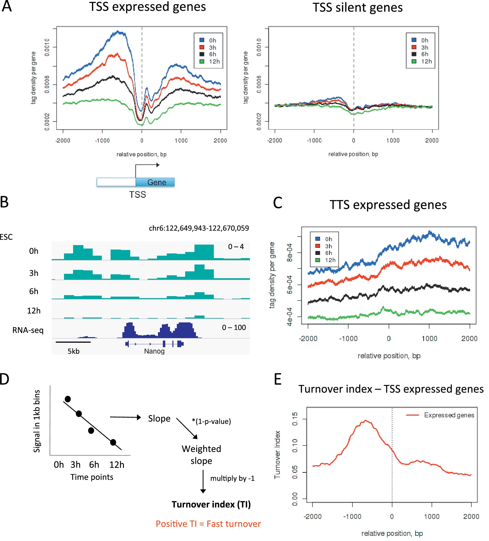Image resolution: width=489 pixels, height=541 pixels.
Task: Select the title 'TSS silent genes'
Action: (357, 8)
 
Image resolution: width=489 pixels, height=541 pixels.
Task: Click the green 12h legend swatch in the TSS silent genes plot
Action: (414, 61)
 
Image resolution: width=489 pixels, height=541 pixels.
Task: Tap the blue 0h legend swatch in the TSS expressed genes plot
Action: (202, 40)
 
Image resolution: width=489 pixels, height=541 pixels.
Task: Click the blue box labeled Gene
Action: (155, 182)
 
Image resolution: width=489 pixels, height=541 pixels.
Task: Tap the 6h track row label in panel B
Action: (34, 291)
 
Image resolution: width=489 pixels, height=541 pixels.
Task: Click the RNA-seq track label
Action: (28, 330)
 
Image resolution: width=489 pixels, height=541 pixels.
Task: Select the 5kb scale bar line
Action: (73, 342)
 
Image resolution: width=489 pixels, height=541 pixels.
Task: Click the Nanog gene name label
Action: (154, 351)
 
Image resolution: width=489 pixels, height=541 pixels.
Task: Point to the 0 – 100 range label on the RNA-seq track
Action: (234, 327)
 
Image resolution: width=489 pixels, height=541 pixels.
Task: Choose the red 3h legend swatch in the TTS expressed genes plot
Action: (318, 246)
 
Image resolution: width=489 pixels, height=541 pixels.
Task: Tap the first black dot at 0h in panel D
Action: (68, 399)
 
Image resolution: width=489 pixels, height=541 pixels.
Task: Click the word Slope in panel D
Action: (159, 418)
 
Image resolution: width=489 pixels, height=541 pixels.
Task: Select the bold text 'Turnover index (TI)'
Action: (211, 504)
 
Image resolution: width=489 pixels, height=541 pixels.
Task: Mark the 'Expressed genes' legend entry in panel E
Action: (449, 415)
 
